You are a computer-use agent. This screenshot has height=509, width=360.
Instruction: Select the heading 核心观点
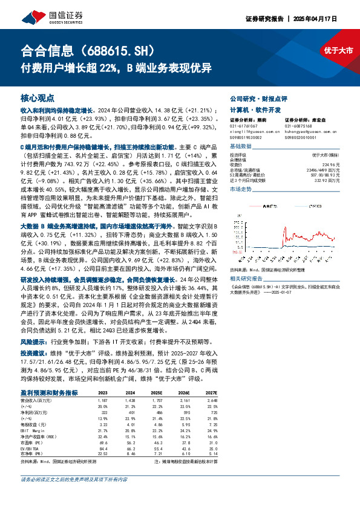pos(38,97)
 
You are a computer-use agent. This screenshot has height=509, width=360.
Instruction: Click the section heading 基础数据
pos(241,147)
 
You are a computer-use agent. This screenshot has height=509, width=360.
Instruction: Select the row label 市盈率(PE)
pos(31,426)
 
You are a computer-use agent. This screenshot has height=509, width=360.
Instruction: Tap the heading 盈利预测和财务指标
pos(48,375)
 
